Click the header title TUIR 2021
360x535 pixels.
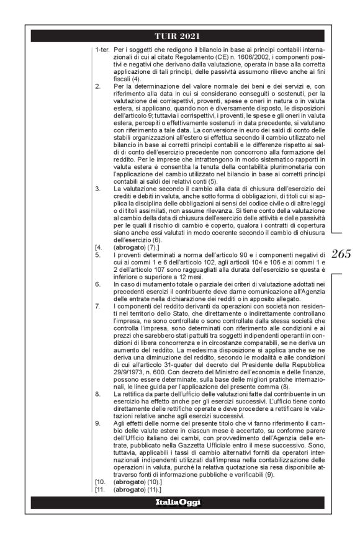179,36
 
